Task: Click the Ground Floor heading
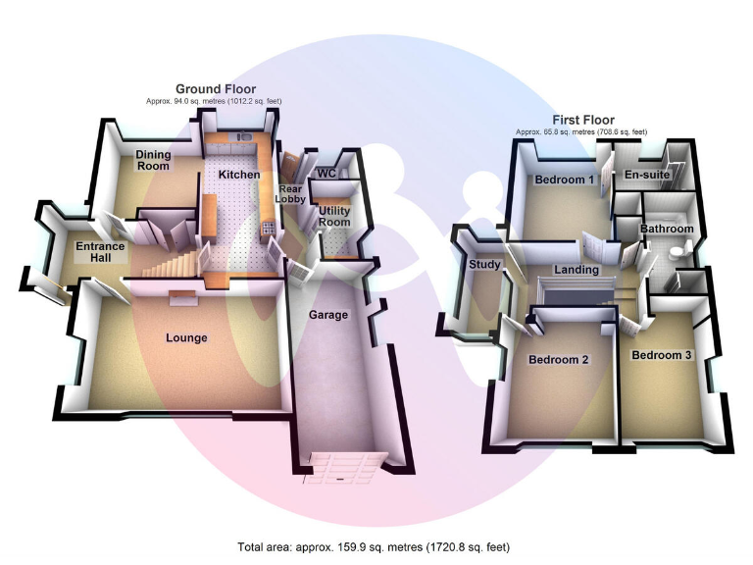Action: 216,89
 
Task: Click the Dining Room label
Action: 152,160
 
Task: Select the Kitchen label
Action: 239,175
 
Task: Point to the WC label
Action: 327,174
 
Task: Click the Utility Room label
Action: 334,216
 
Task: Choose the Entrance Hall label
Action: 101,252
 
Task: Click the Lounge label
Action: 186,338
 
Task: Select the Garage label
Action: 328,315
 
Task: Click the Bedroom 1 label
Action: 564,180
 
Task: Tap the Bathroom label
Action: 667,230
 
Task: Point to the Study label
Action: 484,265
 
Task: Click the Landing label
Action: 576,270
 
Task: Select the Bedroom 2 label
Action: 559,360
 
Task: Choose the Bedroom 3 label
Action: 662,354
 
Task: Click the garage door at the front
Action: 339,468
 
